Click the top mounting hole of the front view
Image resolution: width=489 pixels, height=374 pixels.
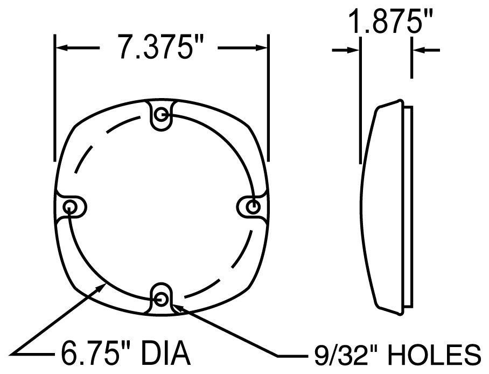tap(161, 115)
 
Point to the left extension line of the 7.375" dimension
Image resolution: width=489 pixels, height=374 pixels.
tap(54, 97)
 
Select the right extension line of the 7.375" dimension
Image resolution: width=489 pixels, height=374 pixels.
tap(268, 97)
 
